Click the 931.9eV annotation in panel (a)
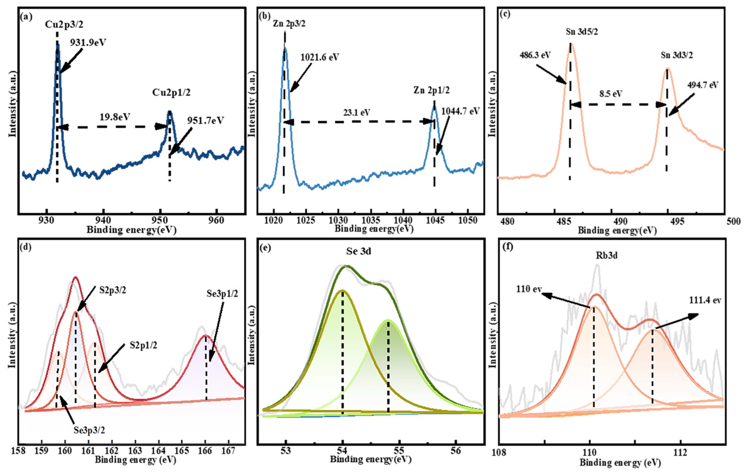tap(88, 42)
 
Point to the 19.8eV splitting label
tap(115, 117)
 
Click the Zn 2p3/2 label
tap(289, 23)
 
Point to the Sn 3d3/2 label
tap(676, 55)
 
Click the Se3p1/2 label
tap(222, 293)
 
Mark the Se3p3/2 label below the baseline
tap(89, 430)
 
